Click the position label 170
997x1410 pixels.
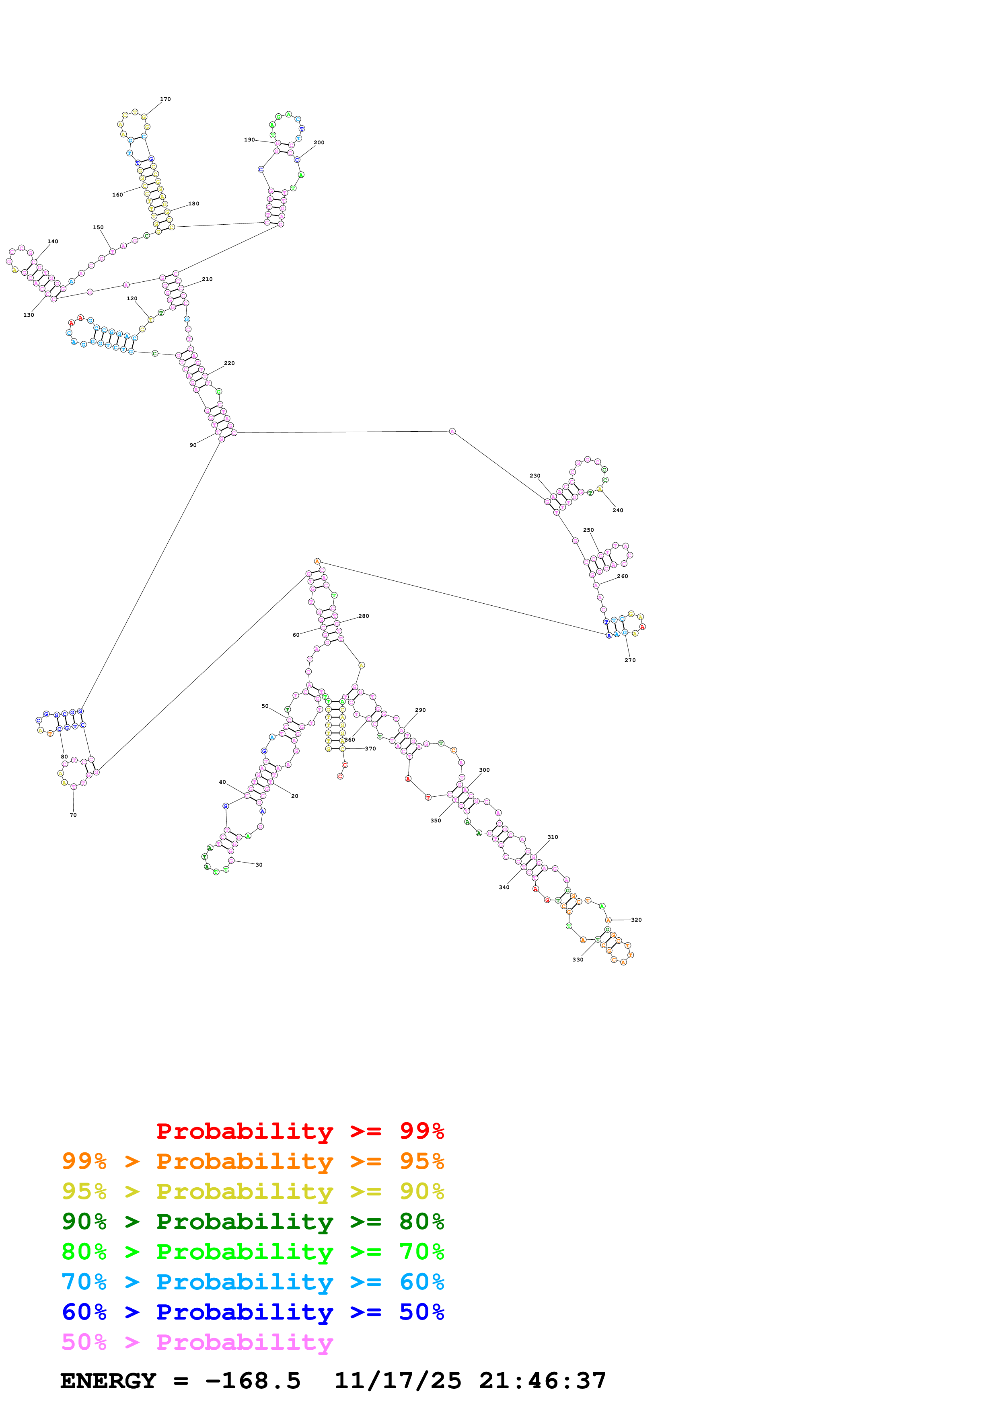coord(165,99)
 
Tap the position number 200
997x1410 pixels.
coord(319,142)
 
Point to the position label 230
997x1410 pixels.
coord(535,476)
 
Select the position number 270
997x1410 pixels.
coord(630,660)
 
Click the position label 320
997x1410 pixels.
coord(636,920)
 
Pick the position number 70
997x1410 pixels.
coord(73,815)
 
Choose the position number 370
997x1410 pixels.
coord(370,748)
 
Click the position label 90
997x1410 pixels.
coord(193,445)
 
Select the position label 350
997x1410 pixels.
coord(436,820)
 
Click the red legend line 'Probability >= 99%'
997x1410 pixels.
coord(300,1131)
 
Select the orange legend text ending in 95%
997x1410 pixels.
coord(253,1161)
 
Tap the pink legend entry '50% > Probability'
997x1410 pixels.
coord(197,1342)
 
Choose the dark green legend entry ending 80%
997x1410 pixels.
coord(253,1221)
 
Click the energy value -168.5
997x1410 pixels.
coord(253,1381)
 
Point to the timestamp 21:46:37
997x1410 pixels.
coord(543,1381)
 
